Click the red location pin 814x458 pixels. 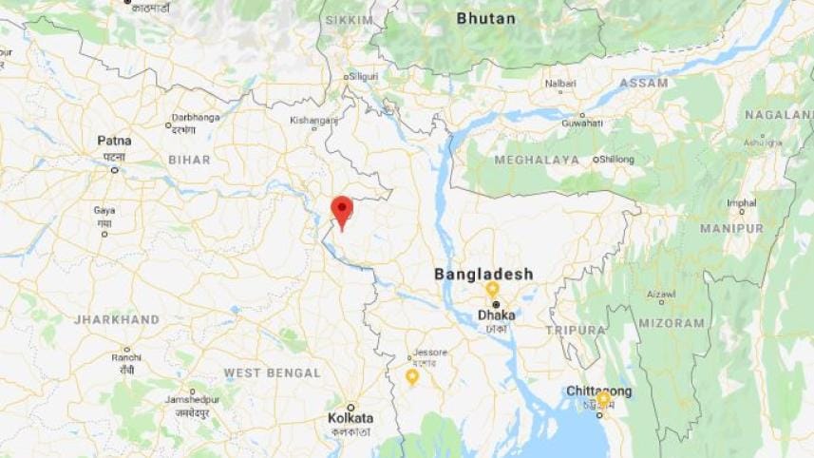[x=342, y=209]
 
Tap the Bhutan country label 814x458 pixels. [x=485, y=18]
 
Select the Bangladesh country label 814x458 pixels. [x=483, y=274]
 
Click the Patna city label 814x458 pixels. [x=114, y=141]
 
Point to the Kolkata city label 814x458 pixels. [x=350, y=418]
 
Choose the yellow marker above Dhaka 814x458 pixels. [x=492, y=288]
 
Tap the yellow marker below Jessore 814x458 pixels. [x=412, y=376]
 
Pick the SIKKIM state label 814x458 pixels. [x=349, y=20]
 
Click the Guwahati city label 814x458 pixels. [x=581, y=123]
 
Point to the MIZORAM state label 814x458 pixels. [x=673, y=323]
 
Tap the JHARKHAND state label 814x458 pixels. [x=117, y=320]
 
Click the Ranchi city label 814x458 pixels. [x=125, y=357]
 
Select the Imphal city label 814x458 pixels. [x=742, y=202]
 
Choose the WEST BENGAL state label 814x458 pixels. [x=272, y=373]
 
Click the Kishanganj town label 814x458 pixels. [x=313, y=121]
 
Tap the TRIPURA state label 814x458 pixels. [x=575, y=330]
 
